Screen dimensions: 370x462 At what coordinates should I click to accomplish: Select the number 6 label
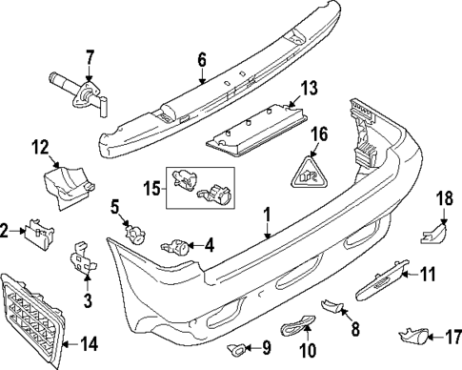point(201,59)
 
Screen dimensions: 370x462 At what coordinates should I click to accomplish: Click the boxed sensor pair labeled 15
point(199,183)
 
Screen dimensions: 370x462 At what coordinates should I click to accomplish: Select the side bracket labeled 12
point(68,182)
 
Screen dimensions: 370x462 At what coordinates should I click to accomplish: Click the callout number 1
point(269,216)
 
